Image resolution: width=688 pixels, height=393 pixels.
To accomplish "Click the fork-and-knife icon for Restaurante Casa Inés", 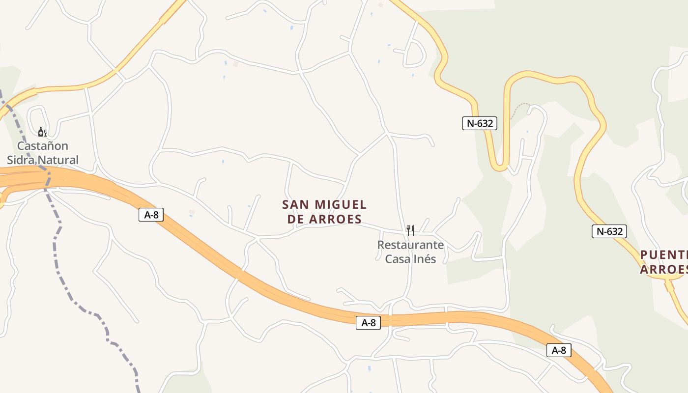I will (410, 230).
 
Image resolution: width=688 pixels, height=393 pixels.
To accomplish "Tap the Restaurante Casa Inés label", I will (410, 252).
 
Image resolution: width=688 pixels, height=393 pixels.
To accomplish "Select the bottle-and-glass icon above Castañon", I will (43, 132).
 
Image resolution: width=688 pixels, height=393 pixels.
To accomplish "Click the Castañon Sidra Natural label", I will (42, 153).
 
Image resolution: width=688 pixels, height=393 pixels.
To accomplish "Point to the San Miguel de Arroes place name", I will (324, 212).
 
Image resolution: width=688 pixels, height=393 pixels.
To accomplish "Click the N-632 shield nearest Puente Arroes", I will (609, 231).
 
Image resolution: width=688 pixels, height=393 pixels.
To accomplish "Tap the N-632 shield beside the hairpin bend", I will (479, 123).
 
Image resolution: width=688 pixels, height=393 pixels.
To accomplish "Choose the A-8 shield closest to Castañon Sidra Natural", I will (151, 215).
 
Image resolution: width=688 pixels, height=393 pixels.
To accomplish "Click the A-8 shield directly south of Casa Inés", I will (368, 323).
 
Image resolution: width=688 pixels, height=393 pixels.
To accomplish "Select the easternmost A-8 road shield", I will (559, 350).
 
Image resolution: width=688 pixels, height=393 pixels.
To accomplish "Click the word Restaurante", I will (410, 245).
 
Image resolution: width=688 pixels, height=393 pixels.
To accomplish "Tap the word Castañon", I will (43, 146).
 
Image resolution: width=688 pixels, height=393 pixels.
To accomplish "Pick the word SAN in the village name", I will (296, 204).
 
